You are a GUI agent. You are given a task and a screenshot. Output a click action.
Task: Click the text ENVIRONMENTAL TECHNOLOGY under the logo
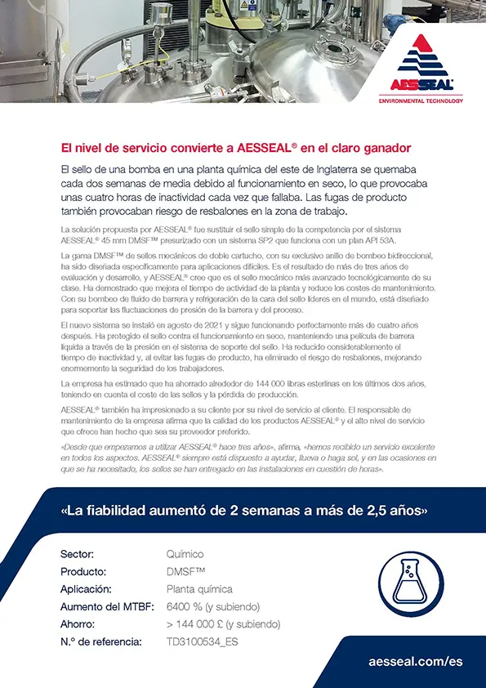421,101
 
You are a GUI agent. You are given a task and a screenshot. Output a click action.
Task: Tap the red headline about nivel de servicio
236,148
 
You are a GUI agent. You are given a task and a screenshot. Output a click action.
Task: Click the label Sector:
78,554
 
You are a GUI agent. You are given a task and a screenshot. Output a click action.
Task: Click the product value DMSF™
185,571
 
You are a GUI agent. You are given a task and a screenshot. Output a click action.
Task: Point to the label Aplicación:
87,589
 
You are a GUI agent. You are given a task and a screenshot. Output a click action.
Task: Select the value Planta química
199,589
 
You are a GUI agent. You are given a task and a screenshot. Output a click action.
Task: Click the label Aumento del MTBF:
105,606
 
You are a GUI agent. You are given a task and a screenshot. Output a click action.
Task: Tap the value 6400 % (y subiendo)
212,606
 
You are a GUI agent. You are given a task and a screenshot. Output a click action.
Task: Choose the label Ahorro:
79,624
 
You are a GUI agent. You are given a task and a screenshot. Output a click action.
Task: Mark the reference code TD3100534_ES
203,641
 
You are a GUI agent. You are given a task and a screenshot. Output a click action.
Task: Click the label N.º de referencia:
101,641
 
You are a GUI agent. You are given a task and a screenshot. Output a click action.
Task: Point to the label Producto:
83,571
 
